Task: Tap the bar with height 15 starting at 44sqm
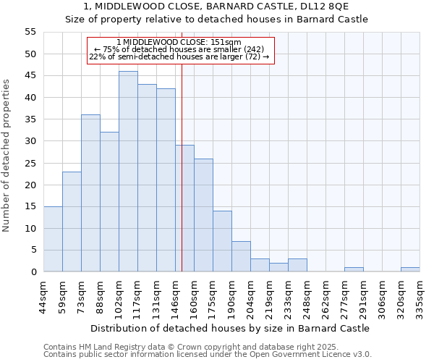[53, 239]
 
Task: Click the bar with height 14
[222, 241]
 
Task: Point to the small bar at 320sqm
[410, 269]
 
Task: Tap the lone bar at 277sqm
[354, 269]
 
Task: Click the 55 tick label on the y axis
[30, 32]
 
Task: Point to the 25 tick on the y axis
[30, 163]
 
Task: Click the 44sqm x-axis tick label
[44, 298]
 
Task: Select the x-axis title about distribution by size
[230, 328]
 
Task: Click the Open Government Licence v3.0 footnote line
[207, 354]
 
